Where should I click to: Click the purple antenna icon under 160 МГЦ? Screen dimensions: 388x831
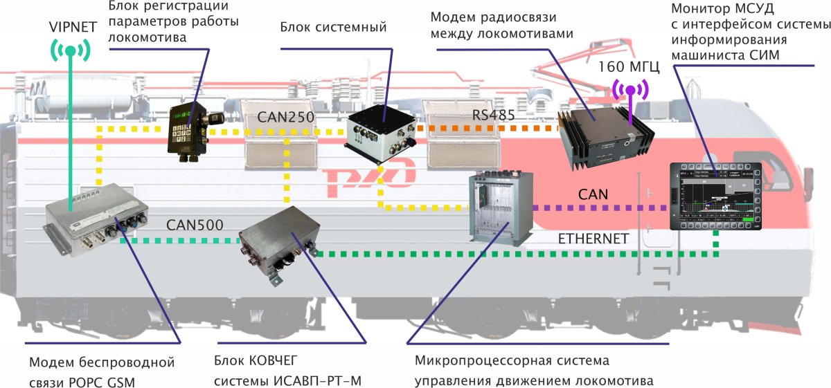pos(630,89)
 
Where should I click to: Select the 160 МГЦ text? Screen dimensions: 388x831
pos(630,68)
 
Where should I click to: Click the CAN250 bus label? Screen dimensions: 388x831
pos(285,117)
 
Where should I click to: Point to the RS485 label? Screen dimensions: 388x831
pos(494,115)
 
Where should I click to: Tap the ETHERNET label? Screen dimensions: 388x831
pos(593,239)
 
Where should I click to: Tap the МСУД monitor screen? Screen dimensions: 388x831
pos(715,196)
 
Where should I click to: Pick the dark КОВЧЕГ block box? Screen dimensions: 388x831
pos(278,245)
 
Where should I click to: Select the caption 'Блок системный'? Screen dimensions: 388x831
pos(333,27)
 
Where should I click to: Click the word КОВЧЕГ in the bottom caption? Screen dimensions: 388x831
pos(270,362)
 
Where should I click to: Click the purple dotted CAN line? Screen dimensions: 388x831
pos(599,207)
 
